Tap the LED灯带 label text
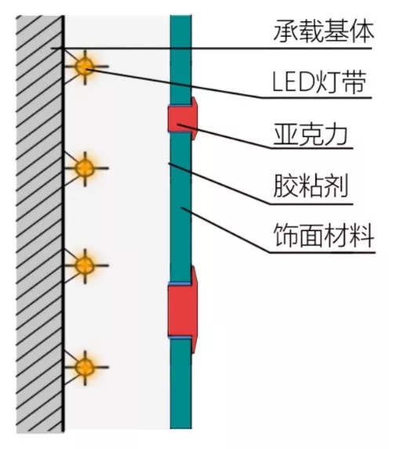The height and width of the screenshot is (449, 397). (x=319, y=82)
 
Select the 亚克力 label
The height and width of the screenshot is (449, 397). (x=311, y=135)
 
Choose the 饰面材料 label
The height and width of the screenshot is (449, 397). (x=324, y=235)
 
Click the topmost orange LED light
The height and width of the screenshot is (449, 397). (x=85, y=67)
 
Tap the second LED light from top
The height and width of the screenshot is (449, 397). (x=85, y=168)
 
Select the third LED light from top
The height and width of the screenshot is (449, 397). (x=85, y=266)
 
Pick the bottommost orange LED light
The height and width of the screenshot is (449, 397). (x=85, y=367)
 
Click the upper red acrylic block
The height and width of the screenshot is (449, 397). (x=183, y=118)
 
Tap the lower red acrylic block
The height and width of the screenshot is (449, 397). (x=183, y=310)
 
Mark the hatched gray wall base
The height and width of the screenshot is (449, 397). (x=39, y=224)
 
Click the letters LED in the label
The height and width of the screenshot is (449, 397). (x=293, y=82)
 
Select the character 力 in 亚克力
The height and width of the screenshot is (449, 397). (x=337, y=135)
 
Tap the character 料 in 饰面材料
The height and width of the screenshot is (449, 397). (x=362, y=235)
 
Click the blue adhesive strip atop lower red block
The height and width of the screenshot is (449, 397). (x=180, y=284)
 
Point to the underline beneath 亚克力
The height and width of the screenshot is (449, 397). (x=311, y=148)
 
